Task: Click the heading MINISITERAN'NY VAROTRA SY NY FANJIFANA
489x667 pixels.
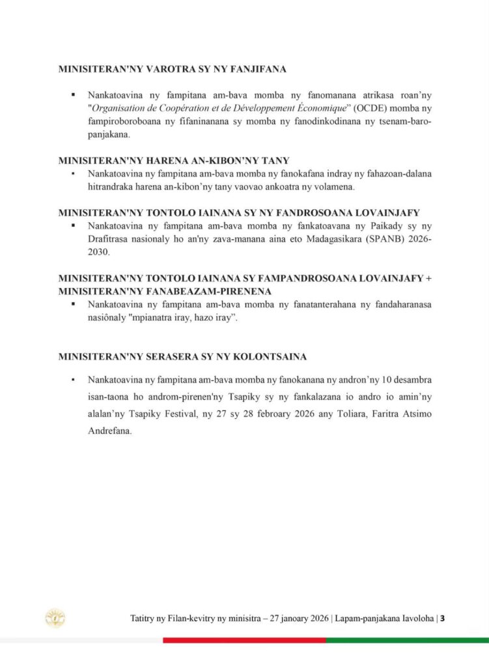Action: (173, 68)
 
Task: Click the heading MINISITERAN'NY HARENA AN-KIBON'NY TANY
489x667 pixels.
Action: (174, 160)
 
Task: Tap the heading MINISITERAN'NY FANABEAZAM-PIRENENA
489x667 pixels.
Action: (165, 291)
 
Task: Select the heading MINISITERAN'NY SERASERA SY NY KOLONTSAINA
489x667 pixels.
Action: (182, 357)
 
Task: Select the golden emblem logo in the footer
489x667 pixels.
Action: (55, 618)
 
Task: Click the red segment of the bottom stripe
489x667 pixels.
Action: (244, 640)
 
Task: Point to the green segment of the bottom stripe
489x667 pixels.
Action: (407, 640)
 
